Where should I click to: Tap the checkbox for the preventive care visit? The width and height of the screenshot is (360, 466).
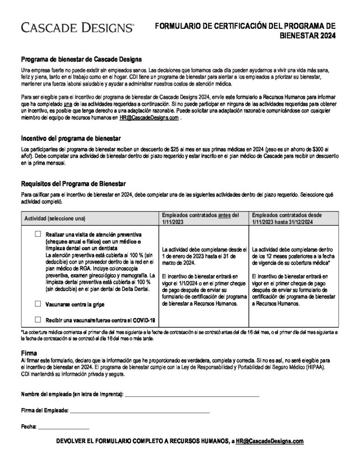tap(38, 233)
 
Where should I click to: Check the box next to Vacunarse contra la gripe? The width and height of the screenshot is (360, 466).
tap(38, 303)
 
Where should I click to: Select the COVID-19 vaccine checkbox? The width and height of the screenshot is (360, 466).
tap(38, 319)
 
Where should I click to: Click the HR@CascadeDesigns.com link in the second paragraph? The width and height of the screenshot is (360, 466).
tap(148, 117)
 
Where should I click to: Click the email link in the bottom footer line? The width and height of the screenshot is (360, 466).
tap(269, 441)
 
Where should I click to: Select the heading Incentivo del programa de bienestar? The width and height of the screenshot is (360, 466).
tap(71, 138)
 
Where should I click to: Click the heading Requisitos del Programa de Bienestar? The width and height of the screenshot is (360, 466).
tap(74, 184)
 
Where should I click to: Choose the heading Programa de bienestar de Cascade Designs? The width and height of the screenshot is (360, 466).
tap(81, 59)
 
